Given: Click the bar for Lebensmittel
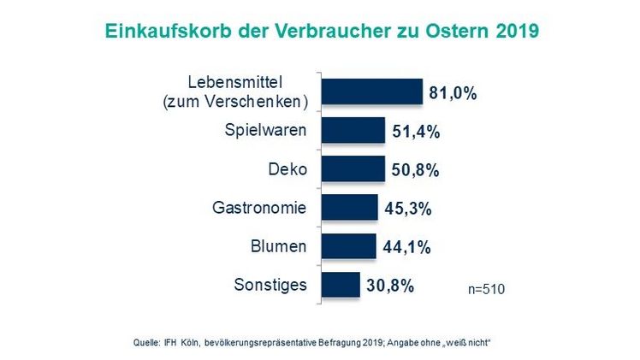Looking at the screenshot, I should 372,91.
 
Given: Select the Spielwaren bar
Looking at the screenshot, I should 353,131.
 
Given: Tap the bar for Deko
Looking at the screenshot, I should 353,169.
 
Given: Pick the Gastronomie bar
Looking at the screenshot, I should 349,208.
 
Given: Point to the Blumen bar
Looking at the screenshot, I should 348,246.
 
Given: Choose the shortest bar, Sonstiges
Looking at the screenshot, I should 340,285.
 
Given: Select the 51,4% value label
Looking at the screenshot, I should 417,132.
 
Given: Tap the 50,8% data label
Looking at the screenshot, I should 415,170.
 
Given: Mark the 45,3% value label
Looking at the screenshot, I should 408,209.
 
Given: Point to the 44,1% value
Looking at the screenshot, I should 406,247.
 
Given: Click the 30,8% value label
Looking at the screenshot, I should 390,286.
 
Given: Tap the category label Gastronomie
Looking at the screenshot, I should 259,208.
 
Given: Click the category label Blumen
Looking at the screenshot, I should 280,246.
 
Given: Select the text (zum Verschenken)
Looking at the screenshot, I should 235,102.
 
